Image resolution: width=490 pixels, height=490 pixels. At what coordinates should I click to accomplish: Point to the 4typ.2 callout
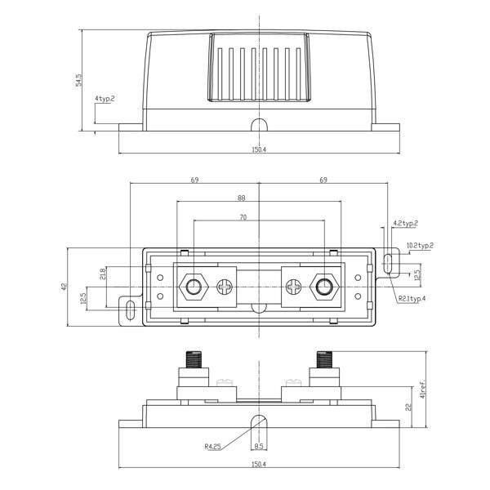pyautogui.click(x=105, y=99)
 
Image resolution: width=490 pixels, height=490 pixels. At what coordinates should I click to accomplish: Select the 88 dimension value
pyautogui.click(x=242, y=198)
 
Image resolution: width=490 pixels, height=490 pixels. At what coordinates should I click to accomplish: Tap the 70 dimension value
pyautogui.click(x=243, y=218)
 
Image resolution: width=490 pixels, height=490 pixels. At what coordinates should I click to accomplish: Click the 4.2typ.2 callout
pyautogui.click(x=406, y=223)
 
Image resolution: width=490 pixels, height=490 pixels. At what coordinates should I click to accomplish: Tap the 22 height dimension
pyautogui.click(x=408, y=409)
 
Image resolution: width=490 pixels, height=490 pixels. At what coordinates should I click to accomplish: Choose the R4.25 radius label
pyautogui.click(x=215, y=447)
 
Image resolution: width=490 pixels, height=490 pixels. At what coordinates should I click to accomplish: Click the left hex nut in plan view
pyautogui.click(x=194, y=287)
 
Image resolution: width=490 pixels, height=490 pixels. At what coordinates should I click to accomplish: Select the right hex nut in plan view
pyautogui.click(x=323, y=287)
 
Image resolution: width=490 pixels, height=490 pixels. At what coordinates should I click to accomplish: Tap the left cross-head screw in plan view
pyautogui.click(x=225, y=287)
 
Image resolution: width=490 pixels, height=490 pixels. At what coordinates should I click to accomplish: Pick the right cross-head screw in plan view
pyautogui.click(x=292, y=287)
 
